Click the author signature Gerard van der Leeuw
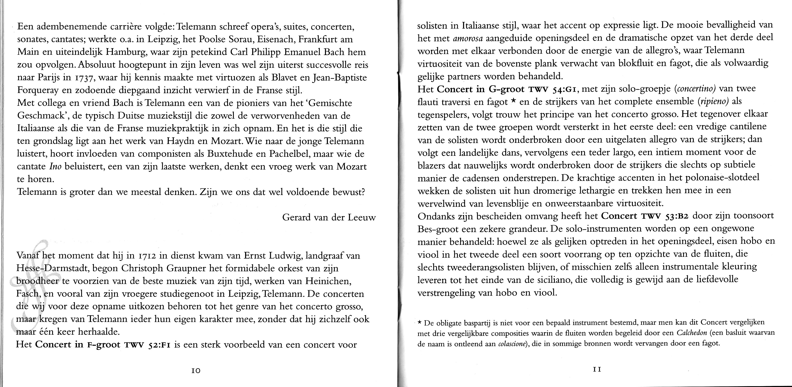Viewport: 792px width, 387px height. click(x=329, y=218)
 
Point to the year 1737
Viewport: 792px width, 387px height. click(x=82, y=78)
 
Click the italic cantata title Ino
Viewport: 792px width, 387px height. click(x=55, y=167)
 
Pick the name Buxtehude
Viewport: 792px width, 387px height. click(x=233, y=154)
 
